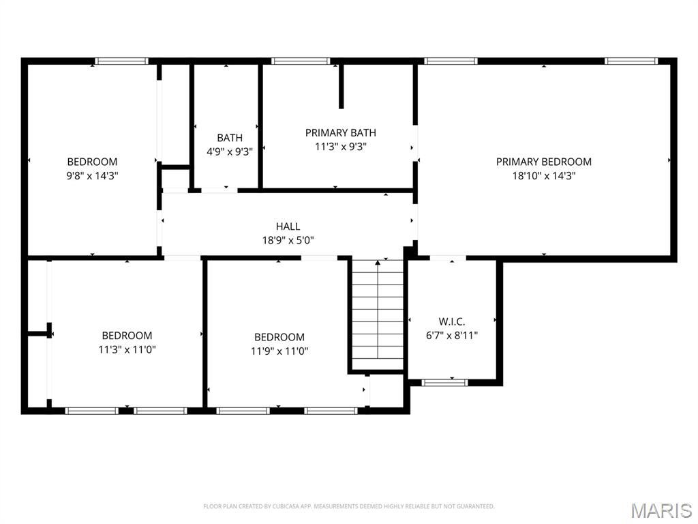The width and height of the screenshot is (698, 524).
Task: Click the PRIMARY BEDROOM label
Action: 543,162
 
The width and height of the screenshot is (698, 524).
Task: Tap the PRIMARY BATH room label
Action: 341,133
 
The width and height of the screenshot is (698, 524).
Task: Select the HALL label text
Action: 288,227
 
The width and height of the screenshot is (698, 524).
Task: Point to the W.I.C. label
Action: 452,321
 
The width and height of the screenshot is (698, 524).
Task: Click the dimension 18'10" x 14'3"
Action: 544,175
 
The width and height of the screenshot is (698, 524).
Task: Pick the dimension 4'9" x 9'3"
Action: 230,152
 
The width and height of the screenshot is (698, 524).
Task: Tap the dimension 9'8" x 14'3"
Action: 92,175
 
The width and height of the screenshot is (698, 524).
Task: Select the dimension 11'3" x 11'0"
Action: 127,349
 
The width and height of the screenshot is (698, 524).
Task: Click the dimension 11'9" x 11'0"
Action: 279,351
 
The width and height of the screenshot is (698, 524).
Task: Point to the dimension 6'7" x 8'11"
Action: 452,335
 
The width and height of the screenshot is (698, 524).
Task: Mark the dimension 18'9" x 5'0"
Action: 288,241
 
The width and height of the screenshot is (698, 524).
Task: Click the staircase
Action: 378,314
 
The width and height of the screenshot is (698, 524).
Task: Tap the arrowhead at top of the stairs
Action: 378,263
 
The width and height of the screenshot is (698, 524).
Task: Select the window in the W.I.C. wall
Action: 444,382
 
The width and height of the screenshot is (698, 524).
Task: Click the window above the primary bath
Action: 301,61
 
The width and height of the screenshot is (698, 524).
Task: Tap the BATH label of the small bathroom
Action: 230,138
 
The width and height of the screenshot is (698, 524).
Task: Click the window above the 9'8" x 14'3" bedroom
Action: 121,61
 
